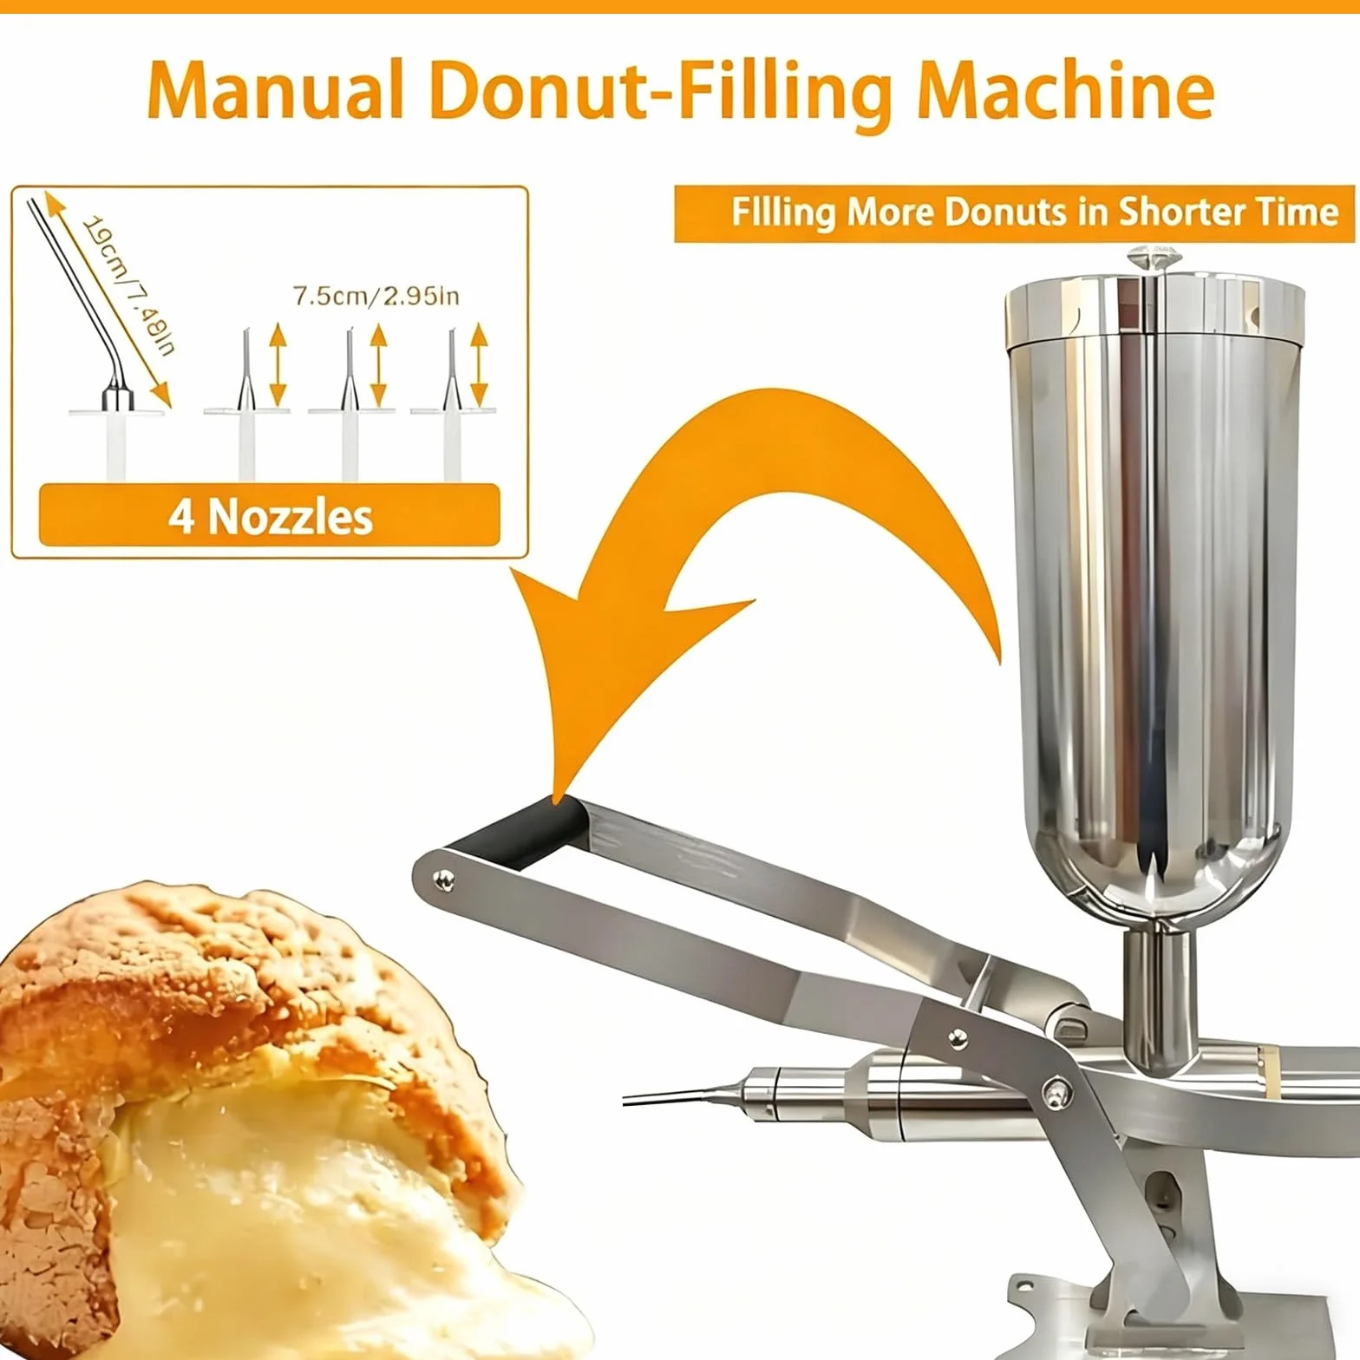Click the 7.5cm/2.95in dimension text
(376, 296)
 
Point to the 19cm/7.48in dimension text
(129, 285)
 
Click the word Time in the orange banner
(1298, 212)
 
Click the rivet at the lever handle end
(445, 880)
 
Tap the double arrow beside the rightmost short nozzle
(480, 364)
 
